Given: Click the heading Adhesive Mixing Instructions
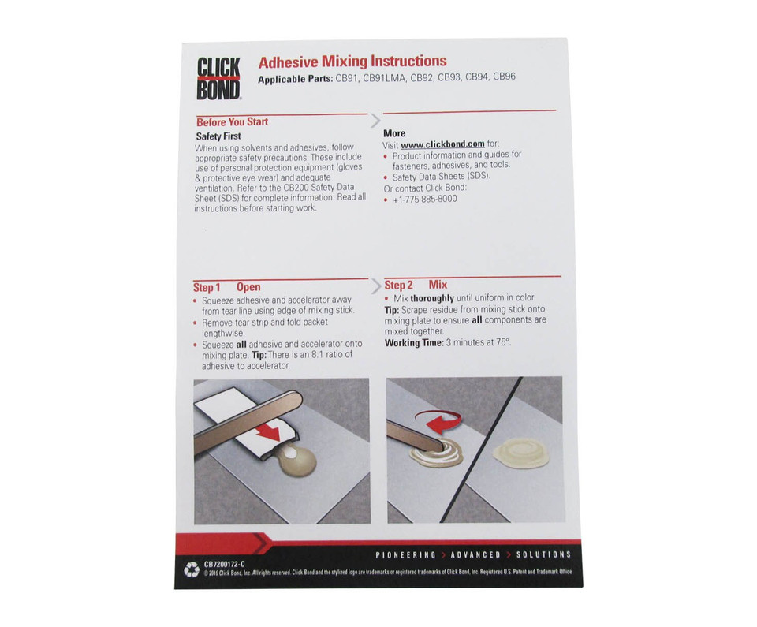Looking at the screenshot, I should [x=352, y=62].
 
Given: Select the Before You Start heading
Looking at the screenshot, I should [x=232, y=122].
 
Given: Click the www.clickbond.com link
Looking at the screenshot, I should [x=442, y=144].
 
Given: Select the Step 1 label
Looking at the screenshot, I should [x=207, y=287].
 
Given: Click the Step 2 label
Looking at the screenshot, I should [x=398, y=285].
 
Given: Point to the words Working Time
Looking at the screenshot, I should [x=414, y=343].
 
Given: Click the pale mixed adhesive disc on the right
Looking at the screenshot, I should [x=514, y=452].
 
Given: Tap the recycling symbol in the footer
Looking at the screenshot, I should [x=192, y=569].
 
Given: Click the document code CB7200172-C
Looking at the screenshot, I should [x=224, y=565].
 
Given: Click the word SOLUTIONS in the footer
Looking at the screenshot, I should [x=543, y=554].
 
